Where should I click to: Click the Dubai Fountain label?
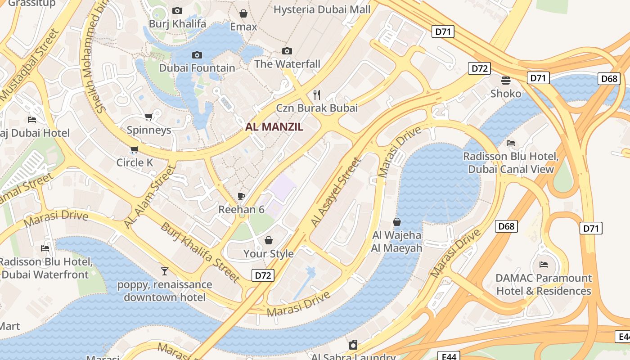pos(197,68)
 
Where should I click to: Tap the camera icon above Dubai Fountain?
pos(197,55)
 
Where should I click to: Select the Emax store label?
pos(243,27)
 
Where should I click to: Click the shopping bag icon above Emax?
pos(243,13)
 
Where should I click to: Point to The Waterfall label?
pos(287,64)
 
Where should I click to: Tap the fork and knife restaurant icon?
pos(317,94)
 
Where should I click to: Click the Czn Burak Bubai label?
pos(317,108)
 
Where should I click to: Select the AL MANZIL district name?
pos(274,127)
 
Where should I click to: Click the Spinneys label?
pos(149,130)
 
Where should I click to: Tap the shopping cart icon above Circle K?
pos(134,149)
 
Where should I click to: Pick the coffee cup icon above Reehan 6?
pos(241,196)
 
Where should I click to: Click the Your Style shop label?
pos(269,254)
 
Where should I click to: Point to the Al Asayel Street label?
pos(336,192)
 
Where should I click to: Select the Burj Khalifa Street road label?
pos(200,252)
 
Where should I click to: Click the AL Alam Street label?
pos(149,197)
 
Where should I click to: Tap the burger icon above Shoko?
pos(506,81)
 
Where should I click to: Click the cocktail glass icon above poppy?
pos(165,271)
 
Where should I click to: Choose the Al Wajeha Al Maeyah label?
pos(396,242)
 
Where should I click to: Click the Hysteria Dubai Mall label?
pos(322,9)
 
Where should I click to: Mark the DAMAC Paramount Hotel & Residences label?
pos(544,284)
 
